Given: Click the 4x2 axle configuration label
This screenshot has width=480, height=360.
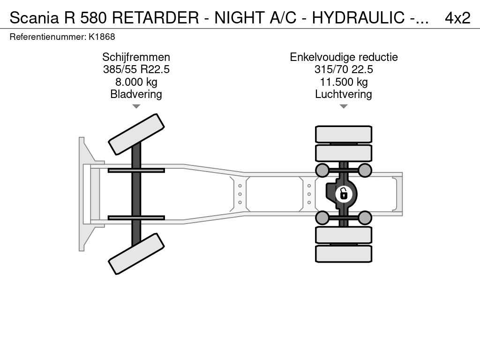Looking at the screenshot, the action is pyautogui.click(x=457, y=18).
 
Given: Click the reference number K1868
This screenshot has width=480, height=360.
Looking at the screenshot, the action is pyautogui.click(x=102, y=37).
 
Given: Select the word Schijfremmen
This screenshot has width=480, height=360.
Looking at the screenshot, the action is pyautogui.click(x=136, y=57).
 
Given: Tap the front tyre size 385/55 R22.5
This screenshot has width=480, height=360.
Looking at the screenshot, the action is pyautogui.click(x=136, y=69).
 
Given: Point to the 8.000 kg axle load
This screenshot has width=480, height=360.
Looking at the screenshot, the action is pyautogui.click(x=136, y=82).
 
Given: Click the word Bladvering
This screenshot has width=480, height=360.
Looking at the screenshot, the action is pyautogui.click(x=136, y=94).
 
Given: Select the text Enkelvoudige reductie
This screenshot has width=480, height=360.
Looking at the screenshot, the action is pyautogui.click(x=344, y=57).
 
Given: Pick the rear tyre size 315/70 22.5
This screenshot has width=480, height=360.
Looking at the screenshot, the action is pyautogui.click(x=344, y=69).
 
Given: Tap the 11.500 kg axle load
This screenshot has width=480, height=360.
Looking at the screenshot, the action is pyautogui.click(x=344, y=82).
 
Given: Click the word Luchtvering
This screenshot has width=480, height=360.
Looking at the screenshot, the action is pyautogui.click(x=344, y=94).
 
